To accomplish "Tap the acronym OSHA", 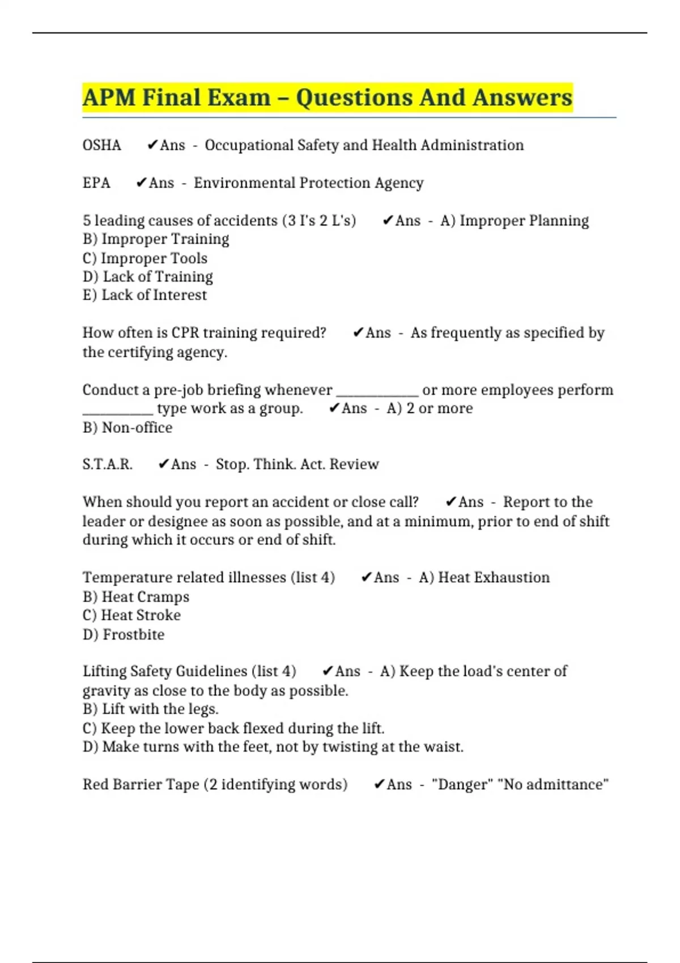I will [x=102, y=146].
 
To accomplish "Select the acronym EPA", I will [x=96, y=183].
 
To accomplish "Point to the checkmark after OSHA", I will [x=152, y=146].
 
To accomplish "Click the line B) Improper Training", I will [x=156, y=239].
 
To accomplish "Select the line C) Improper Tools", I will [x=145, y=258].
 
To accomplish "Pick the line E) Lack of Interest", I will [x=144, y=295].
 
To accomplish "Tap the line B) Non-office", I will [x=127, y=428].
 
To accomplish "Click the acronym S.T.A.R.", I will [x=108, y=465].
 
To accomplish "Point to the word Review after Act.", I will [x=354, y=465].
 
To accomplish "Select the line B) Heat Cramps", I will [x=136, y=597].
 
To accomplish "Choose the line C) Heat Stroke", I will [x=131, y=616].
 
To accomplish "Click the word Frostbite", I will [x=134, y=634].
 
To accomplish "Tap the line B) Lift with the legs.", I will [x=151, y=709].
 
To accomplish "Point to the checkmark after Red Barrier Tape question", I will [x=379, y=785].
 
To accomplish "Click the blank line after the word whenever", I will [x=377, y=392].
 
